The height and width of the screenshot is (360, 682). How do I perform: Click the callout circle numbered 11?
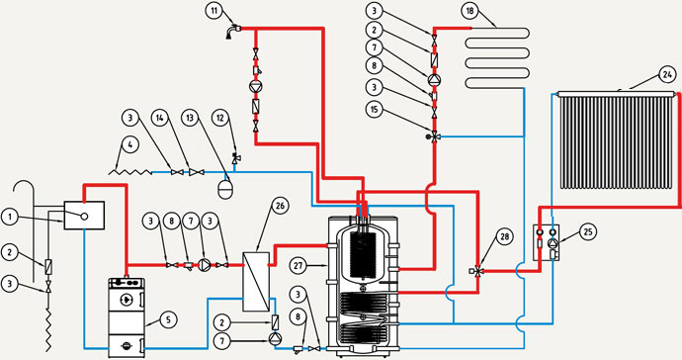(214, 11)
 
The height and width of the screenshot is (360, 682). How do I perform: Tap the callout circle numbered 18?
(469, 11)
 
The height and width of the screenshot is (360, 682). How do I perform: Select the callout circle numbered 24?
(667, 74)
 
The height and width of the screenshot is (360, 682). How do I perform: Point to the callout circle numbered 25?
(589, 232)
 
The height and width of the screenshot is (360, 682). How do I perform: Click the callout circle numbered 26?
(280, 206)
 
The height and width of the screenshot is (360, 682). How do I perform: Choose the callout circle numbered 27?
(299, 264)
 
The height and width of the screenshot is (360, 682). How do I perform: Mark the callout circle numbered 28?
(504, 236)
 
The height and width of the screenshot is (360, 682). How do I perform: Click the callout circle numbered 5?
(168, 320)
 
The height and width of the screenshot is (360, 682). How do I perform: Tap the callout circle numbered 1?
(9, 217)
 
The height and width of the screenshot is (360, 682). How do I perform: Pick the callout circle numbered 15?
(374, 109)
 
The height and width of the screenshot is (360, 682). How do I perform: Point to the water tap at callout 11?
(232, 32)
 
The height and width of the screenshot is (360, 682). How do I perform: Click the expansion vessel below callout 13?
(226, 189)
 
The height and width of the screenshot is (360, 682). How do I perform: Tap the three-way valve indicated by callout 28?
(477, 271)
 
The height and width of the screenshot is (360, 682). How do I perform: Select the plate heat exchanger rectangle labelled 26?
(256, 281)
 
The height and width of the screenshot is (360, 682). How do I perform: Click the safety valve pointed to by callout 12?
(236, 159)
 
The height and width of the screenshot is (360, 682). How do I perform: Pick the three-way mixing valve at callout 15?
(433, 136)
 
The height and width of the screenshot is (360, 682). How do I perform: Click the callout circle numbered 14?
(160, 118)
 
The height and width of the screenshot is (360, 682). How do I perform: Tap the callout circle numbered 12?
(220, 118)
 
